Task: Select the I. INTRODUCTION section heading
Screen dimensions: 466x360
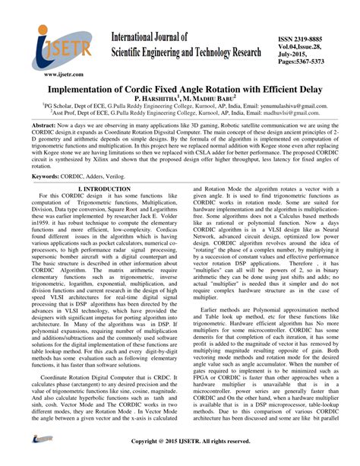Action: (x=99, y=189)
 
